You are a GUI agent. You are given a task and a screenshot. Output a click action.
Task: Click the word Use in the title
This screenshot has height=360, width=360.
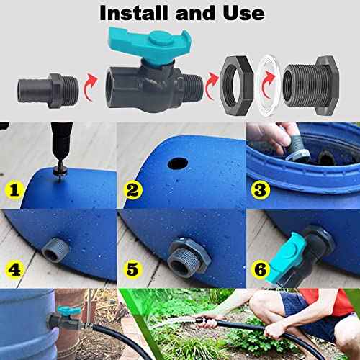[240, 14]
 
